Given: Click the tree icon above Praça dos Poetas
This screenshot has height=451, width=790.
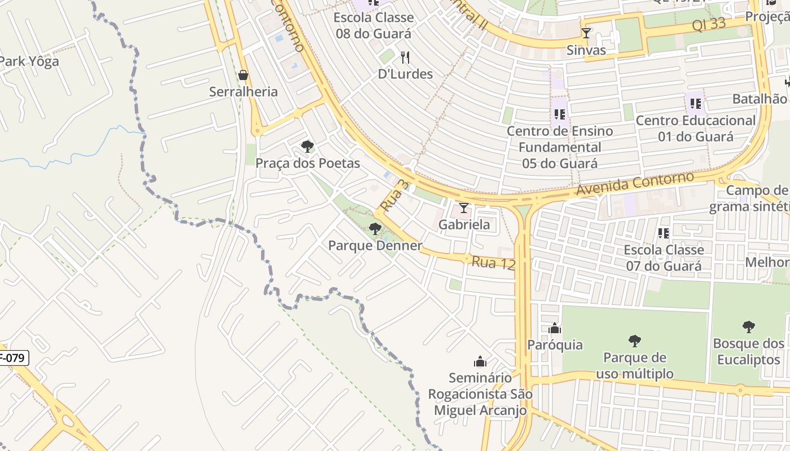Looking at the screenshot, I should [x=308, y=147].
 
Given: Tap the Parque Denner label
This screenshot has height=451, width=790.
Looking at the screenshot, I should [x=375, y=246].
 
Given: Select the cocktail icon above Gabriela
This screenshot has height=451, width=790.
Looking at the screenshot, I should [x=464, y=208].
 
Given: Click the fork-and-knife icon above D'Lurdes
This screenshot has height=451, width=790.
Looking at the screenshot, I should [x=405, y=57].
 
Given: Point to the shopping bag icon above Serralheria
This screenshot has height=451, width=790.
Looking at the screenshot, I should [x=243, y=75].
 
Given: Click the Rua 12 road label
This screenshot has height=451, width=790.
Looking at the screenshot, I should [x=493, y=262].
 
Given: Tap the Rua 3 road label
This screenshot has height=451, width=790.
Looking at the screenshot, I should [x=393, y=196].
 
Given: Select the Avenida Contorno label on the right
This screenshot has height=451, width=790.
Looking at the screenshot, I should [x=634, y=184].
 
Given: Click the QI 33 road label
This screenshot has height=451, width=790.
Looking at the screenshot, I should [x=708, y=25].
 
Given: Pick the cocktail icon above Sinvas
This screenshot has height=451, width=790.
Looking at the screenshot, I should [x=586, y=33].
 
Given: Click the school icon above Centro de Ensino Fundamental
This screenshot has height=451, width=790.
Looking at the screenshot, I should [x=560, y=114].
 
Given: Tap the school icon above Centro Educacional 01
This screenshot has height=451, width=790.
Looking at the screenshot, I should [x=696, y=104].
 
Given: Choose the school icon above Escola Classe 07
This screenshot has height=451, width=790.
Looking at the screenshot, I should [x=664, y=233].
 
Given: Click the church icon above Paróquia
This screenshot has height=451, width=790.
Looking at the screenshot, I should [x=555, y=328].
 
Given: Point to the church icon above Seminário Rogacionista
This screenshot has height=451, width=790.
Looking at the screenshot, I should [x=480, y=361].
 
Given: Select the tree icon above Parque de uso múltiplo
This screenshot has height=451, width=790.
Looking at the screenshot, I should [x=635, y=341].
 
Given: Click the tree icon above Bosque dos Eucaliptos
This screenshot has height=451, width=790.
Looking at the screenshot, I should [x=749, y=326].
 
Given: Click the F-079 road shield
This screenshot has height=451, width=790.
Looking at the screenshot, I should [x=12, y=357].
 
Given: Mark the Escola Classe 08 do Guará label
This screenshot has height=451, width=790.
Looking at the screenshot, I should [x=374, y=25].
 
